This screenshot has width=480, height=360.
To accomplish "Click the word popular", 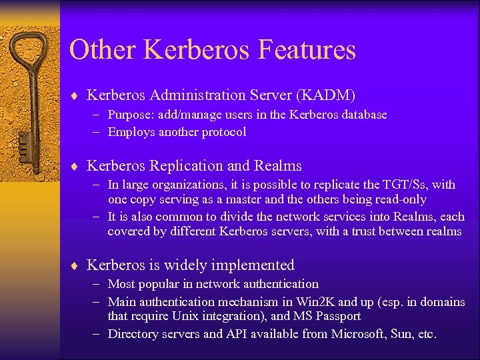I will pos(159,284).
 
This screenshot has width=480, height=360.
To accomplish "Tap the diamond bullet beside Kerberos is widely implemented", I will pos(76,266).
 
